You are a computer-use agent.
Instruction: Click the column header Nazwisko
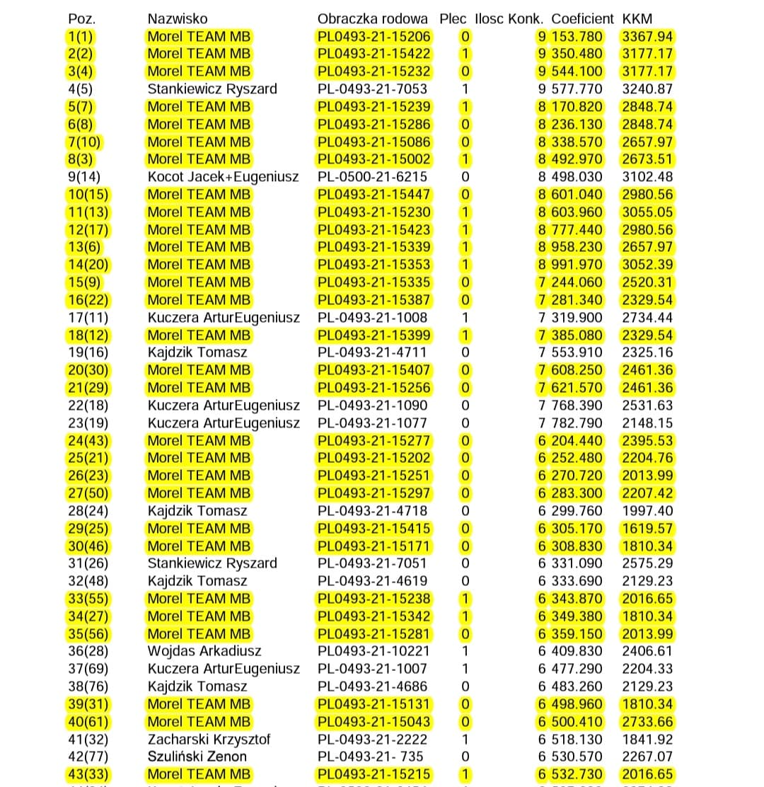(178, 19)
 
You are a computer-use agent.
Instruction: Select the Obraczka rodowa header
(373, 19)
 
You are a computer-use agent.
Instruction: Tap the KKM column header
(637, 19)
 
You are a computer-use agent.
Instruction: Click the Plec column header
(453, 19)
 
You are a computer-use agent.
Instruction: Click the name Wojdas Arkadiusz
(204, 651)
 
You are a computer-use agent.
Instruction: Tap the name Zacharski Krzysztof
(209, 739)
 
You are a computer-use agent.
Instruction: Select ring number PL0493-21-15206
(374, 37)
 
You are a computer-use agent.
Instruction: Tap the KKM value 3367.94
(647, 37)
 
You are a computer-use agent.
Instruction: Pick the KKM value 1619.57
(647, 529)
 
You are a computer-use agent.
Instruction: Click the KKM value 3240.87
(647, 89)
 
